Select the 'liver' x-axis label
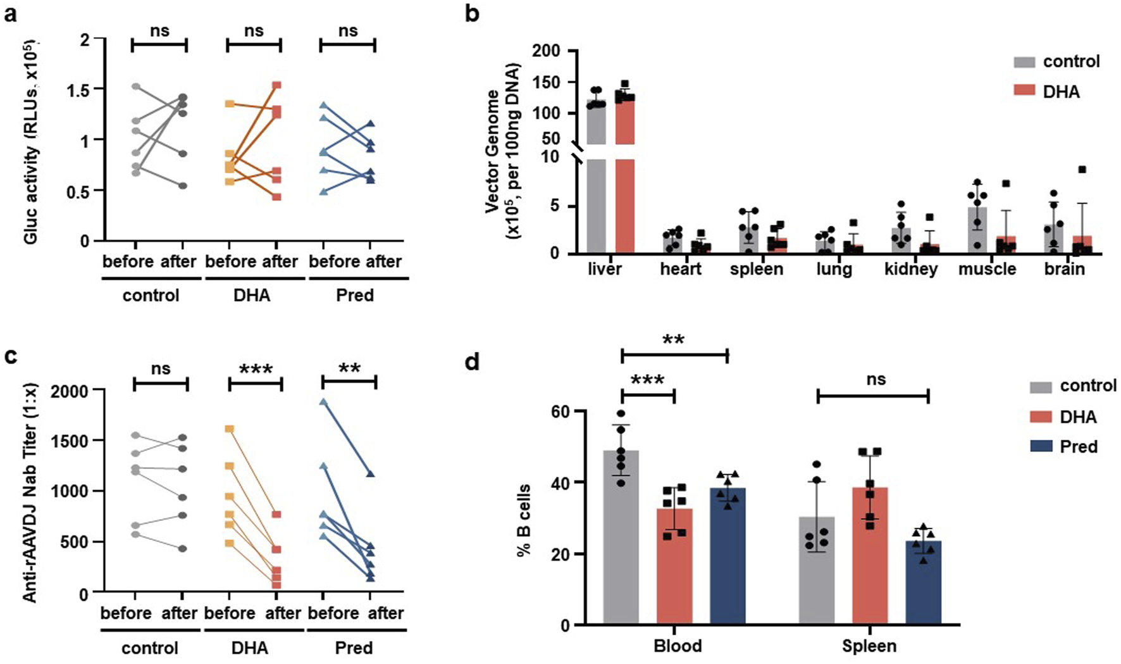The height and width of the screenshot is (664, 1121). tap(604, 269)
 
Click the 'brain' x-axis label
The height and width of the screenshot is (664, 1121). tap(1064, 269)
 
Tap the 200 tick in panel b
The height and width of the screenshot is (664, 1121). tap(546, 51)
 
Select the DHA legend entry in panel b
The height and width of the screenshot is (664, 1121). tap(1061, 92)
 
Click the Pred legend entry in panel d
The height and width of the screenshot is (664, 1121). tap(1078, 446)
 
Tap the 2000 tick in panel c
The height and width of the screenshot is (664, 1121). tap(71, 391)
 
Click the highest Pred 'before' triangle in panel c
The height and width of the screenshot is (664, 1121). tap(324, 402)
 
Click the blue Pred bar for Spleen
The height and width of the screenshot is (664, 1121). tap(923, 582)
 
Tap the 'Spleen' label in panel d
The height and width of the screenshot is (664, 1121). tap(869, 646)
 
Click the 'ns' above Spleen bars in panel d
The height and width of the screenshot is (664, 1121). tap(876, 380)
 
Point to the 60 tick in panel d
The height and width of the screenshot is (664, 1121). tap(560, 412)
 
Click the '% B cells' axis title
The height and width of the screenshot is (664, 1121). tap(524, 520)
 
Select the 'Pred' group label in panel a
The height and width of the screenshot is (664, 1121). tap(354, 296)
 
